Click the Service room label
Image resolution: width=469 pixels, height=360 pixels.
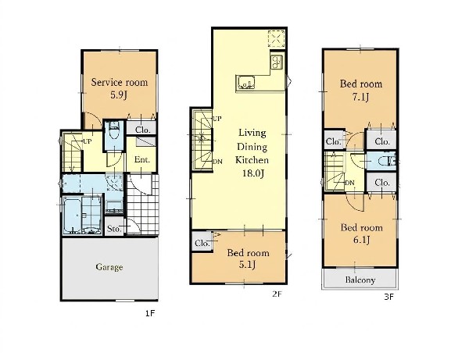point(120,82)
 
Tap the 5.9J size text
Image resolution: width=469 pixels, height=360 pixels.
point(119,95)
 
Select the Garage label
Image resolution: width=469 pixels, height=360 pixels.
point(109,267)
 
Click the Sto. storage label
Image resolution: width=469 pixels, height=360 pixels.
point(114,229)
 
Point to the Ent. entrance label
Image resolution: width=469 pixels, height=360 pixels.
point(142,159)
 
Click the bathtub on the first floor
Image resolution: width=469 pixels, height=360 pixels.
point(72,215)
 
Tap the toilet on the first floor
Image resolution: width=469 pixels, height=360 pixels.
point(113,132)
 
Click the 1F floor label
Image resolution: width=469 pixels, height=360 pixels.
point(150,313)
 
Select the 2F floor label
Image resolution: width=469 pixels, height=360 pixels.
point(277,294)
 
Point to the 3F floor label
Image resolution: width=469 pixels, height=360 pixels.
point(388,297)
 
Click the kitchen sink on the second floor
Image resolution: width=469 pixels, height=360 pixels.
point(246,83)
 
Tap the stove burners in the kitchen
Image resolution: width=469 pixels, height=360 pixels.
point(277,62)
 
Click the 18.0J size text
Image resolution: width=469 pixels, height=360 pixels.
point(253,173)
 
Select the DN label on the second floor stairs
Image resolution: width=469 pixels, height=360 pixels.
point(217,162)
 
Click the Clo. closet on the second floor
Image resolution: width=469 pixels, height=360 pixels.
point(202,244)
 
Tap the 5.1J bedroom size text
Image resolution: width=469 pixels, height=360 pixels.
point(247,265)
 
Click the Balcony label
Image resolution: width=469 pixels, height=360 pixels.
point(360,280)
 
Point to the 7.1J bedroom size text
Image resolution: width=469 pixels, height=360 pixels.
point(360,97)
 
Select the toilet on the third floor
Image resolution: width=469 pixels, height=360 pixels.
point(386,162)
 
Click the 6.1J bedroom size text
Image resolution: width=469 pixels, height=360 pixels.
point(361,240)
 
